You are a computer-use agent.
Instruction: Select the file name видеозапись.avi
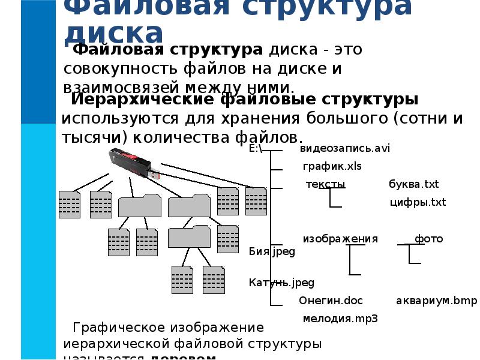(344, 148)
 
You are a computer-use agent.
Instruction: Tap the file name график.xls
(332, 166)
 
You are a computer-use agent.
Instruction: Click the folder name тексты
(325, 184)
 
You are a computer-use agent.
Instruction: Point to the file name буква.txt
(414, 184)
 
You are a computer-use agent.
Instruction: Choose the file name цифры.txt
(418, 202)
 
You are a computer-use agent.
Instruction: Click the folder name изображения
(340, 239)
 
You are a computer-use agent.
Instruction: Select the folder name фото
(428, 239)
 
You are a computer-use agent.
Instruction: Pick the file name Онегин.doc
(331, 301)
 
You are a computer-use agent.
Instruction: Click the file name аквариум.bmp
(436, 301)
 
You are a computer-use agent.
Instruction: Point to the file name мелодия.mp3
(340, 319)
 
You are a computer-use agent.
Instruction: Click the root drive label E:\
(256, 149)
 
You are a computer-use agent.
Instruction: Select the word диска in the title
(113, 33)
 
